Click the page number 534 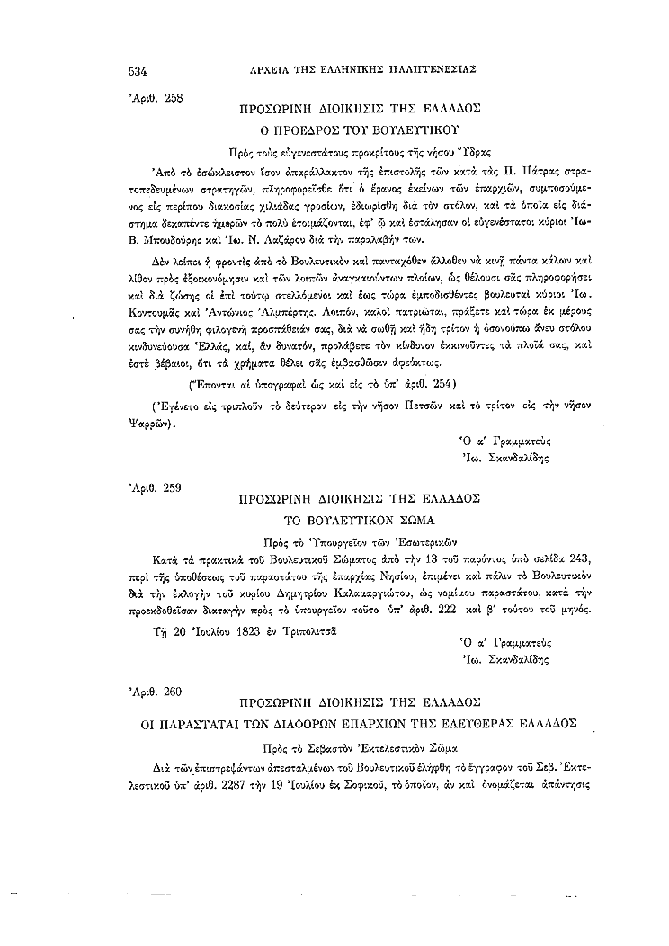coord(138,69)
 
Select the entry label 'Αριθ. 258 coord(156,98)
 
